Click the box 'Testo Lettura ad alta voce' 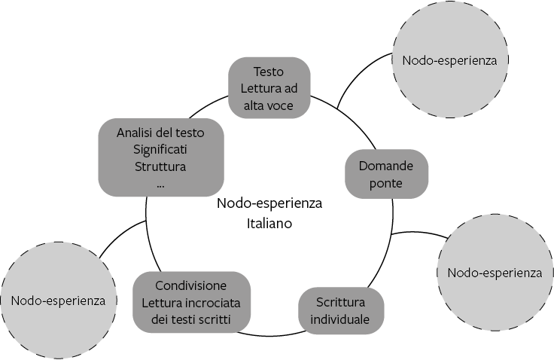click(269, 88)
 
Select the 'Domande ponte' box click(386, 173)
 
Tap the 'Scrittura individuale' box click(342, 310)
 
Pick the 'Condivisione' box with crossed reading click(190, 303)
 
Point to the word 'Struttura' click(160, 166)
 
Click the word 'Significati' click(160, 149)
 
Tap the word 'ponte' click(386, 183)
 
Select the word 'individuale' click(342, 319)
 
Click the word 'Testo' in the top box click(269, 72)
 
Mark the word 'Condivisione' click(191, 286)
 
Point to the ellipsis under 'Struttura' click(161, 183)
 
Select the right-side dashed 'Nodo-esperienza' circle click(494, 272)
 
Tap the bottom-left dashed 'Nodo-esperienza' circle click(58, 301)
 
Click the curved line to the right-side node click(418, 233)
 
